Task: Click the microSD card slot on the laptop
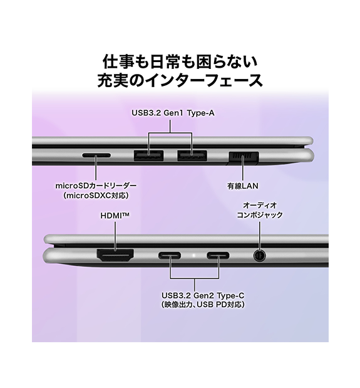point(96,155)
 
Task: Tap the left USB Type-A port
point(148,155)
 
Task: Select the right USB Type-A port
point(192,155)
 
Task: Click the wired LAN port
point(244,157)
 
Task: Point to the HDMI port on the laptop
point(115,255)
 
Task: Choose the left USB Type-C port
point(170,255)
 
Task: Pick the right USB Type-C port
point(218,255)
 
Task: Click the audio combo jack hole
point(260,255)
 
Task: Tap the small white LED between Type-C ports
point(194,255)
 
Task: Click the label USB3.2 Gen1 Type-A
point(173,113)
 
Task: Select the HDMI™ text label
point(115,216)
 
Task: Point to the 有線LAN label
point(243,186)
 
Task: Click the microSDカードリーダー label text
point(96,186)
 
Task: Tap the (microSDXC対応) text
point(96,196)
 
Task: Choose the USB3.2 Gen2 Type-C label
point(203,295)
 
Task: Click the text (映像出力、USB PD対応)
point(203,305)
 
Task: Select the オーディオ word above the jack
point(260,205)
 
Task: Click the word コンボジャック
point(260,215)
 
